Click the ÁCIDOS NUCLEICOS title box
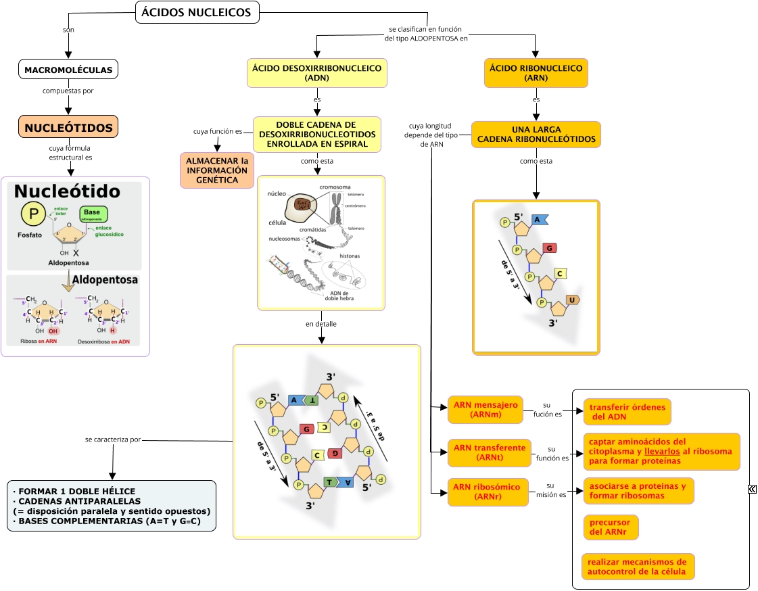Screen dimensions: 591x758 [197, 12]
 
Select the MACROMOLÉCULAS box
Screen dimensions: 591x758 [68, 70]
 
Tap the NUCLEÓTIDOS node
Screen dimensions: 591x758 [68, 128]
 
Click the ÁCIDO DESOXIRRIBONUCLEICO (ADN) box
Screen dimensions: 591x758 [317, 73]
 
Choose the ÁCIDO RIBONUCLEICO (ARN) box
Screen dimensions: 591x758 [536, 73]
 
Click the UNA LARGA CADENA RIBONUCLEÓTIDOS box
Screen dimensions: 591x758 [536, 135]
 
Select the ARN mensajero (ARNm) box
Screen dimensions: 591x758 [485, 410]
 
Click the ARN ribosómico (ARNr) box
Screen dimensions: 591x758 [486, 492]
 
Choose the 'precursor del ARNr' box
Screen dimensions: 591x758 [611, 527]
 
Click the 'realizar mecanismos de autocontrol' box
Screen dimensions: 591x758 [638, 567]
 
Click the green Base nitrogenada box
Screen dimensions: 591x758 [93, 214]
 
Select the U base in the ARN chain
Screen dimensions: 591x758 [573, 300]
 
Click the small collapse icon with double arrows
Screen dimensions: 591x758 [752, 489]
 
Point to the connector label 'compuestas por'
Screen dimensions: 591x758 [68, 91]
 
